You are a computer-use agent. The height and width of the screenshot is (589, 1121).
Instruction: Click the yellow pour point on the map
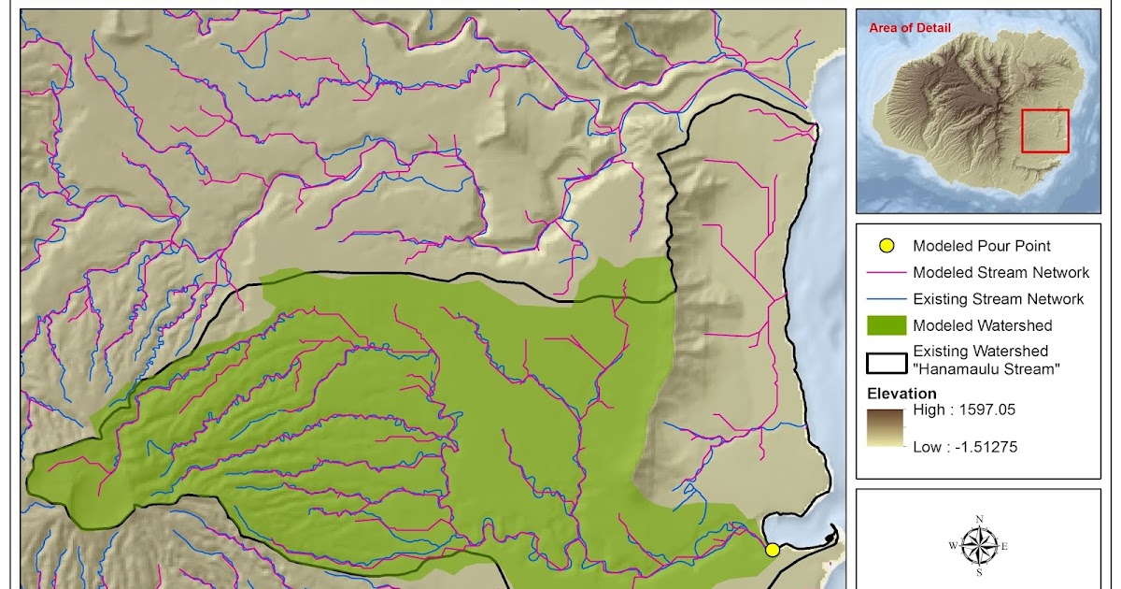point(773,550)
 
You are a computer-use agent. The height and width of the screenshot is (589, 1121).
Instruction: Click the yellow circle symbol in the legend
point(887,246)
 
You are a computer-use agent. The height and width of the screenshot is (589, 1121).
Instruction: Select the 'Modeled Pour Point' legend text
point(982,246)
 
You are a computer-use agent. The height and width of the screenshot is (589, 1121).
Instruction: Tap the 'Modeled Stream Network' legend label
point(1000,273)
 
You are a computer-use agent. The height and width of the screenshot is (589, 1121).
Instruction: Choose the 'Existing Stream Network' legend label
point(999,299)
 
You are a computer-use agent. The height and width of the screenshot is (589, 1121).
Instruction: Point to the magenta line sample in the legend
point(887,273)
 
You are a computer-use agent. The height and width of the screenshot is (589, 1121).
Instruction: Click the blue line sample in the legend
point(887,299)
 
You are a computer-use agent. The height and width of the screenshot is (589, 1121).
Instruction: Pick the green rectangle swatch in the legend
point(887,325)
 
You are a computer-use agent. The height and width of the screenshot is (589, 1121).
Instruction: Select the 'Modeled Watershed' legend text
point(983,325)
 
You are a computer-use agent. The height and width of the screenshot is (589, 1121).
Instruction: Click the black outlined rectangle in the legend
point(887,361)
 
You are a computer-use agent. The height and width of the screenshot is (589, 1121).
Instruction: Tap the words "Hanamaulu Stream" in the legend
point(986,369)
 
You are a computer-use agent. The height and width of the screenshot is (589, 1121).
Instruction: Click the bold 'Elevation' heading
point(901,394)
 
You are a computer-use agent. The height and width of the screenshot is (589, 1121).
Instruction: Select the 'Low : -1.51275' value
point(965,447)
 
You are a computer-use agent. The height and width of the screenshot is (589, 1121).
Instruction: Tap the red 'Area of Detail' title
point(910,28)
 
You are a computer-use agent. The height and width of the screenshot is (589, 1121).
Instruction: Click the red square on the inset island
point(1044,131)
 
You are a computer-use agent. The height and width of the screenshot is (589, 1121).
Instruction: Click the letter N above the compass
point(979,519)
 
